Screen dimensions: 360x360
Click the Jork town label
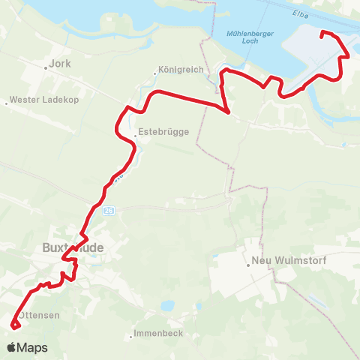pos(60,64)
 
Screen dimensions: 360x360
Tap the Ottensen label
pos(39,316)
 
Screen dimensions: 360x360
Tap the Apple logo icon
pos(11,347)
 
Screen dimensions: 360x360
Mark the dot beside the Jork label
pos(47,65)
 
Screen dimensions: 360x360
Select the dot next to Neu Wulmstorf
pos(248,265)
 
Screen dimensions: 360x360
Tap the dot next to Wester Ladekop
pos(7,102)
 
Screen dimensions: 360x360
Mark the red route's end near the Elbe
pos(322,33)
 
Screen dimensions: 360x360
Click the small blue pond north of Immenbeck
pos(168,306)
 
